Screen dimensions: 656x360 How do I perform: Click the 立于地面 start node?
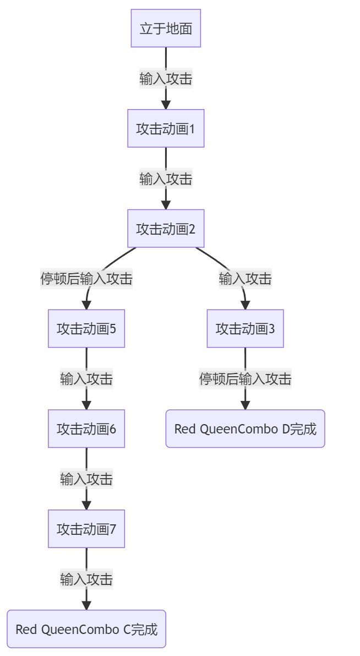(x=166, y=28)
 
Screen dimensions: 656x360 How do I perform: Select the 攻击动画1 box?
(x=166, y=128)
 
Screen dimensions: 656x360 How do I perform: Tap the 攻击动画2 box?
(x=166, y=229)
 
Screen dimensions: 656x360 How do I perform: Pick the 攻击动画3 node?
(x=245, y=329)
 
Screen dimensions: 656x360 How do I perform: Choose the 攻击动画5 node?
(x=86, y=329)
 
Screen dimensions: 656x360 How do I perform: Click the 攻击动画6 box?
(x=86, y=429)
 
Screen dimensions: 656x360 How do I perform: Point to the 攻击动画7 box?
(x=86, y=529)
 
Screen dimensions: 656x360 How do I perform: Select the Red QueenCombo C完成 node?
(x=86, y=629)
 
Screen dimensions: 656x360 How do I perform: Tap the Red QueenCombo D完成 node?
(x=245, y=429)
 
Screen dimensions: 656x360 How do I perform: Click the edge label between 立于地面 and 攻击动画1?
(x=166, y=79)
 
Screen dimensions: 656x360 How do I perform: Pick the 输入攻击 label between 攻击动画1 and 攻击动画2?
(x=166, y=179)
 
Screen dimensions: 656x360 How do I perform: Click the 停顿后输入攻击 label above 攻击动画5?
(x=86, y=279)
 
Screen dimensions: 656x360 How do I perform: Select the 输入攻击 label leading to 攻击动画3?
(x=245, y=279)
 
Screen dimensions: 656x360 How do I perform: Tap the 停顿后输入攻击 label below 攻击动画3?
(x=245, y=379)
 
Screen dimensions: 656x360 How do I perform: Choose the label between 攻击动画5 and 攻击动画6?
(x=86, y=379)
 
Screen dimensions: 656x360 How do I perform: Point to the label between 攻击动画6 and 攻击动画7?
(x=86, y=479)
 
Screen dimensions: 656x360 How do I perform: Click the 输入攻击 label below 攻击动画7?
(x=86, y=579)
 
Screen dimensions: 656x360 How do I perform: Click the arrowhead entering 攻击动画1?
(x=166, y=105)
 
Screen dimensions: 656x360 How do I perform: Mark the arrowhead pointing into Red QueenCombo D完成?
(x=245, y=405)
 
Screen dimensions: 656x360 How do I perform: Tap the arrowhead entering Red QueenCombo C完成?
(x=86, y=605)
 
